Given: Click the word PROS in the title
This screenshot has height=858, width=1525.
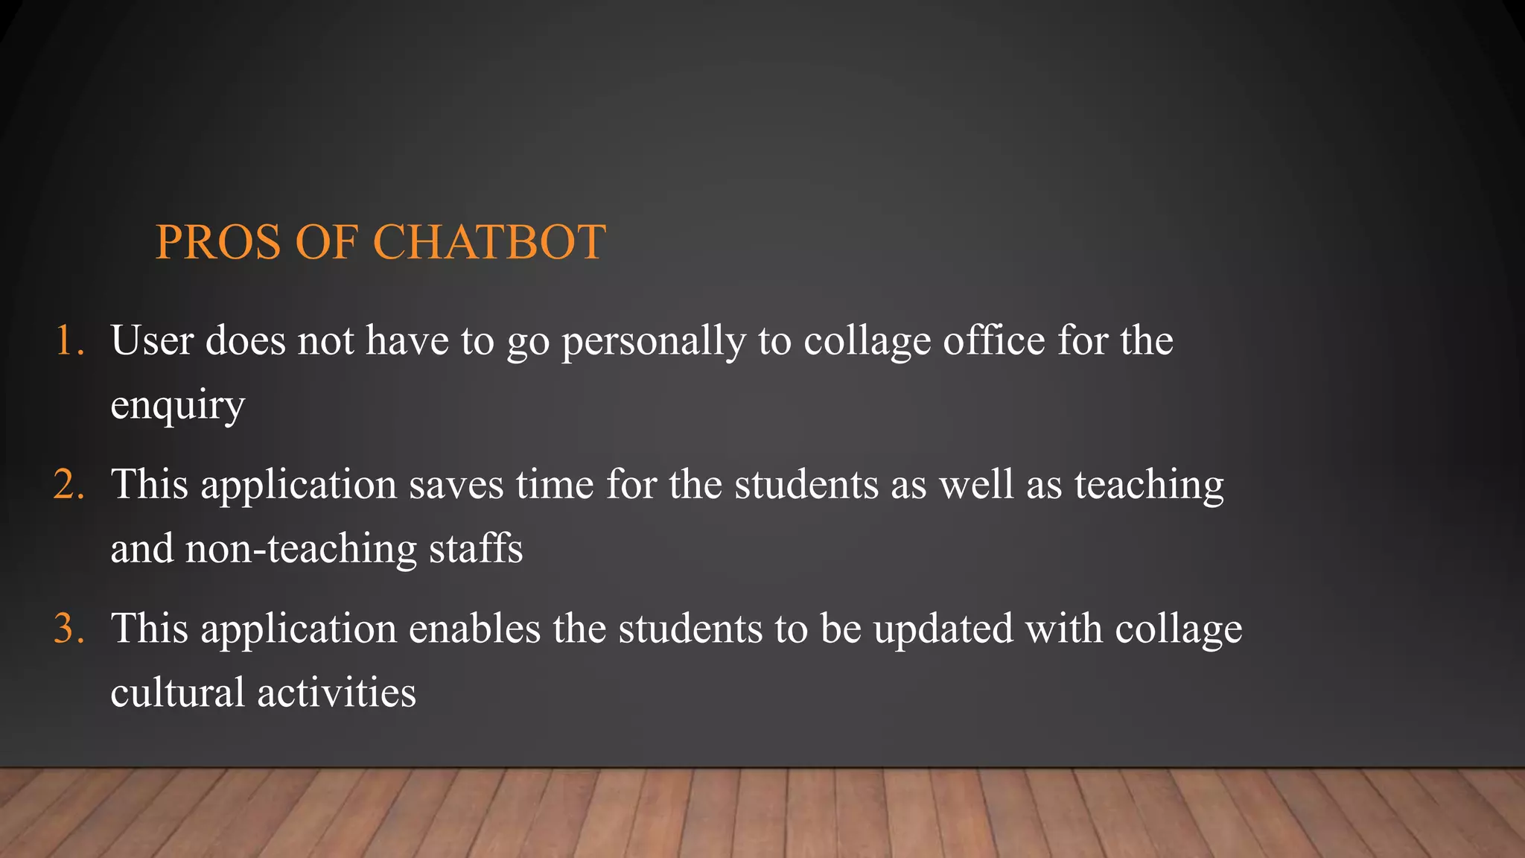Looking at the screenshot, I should pos(218,242).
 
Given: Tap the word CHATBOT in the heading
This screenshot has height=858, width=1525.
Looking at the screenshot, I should pos(488,242).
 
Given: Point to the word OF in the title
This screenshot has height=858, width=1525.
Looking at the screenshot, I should pos(326,242).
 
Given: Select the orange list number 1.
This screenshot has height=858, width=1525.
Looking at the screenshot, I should pos(69,341).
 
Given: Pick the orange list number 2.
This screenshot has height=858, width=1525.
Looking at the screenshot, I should pos(69,485).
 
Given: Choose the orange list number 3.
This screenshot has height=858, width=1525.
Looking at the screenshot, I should pos(69,629).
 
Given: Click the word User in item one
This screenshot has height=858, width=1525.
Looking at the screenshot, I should pos(152,341).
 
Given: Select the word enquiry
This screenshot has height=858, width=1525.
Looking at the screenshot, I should pos(177,407).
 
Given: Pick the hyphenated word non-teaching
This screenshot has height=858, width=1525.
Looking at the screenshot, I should pos(301,550).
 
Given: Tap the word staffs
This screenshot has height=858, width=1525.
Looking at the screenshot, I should pos(476,548).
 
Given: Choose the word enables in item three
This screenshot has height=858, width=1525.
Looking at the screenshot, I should pos(474,629).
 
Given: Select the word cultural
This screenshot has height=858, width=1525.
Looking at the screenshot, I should pos(177,693).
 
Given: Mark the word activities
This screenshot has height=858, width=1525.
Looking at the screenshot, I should pos(336,693).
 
